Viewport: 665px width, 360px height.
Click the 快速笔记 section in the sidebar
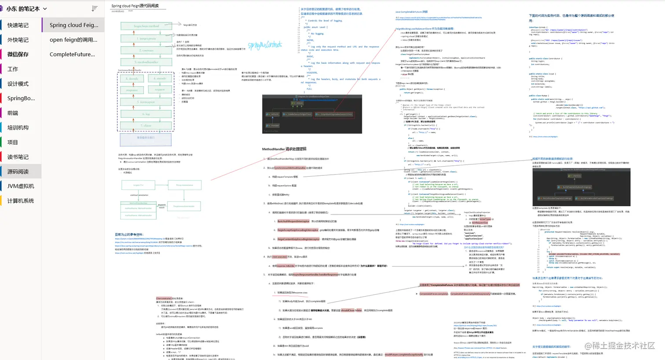[x=18, y=25]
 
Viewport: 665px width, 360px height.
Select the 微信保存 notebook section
[x=18, y=54]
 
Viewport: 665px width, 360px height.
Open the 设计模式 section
[x=18, y=84]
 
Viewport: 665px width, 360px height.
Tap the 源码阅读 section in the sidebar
[x=18, y=171]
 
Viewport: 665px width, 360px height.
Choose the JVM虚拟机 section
[x=21, y=186]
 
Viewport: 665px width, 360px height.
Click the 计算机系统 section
[x=21, y=200]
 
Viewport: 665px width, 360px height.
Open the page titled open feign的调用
[x=73, y=40]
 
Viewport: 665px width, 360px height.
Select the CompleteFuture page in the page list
[x=72, y=54]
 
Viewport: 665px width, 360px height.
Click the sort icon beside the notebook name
[x=95, y=9]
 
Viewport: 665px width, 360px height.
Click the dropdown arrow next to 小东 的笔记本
[x=45, y=9]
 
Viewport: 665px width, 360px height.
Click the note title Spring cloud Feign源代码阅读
[x=135, y=6]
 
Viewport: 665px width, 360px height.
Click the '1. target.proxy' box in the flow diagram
[x=146, y=39]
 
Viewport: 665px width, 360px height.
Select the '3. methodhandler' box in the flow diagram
[x=146, y=62]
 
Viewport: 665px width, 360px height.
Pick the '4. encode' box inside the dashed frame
[x=160, y=78]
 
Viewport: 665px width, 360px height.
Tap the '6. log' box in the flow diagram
[x=146, y=114]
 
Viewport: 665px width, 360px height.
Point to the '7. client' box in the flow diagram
[x=146, y=125]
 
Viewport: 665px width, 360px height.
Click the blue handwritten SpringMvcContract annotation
[x=265, y=45]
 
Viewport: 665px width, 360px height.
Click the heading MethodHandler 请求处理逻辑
[x=284, y=149]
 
